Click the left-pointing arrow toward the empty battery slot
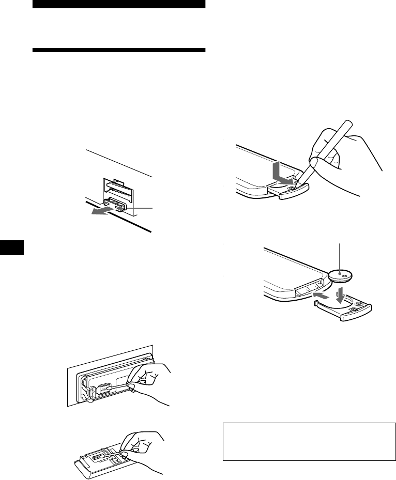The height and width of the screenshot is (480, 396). click(x=321, y=296)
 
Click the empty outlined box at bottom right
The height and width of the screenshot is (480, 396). click(x=306, y=442)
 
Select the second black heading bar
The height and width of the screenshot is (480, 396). click(x=119, y=51)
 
